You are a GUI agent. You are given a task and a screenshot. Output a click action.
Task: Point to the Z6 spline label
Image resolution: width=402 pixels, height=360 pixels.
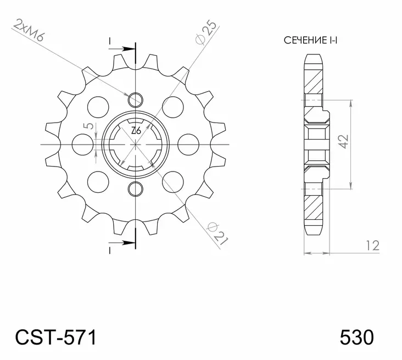(136, 131)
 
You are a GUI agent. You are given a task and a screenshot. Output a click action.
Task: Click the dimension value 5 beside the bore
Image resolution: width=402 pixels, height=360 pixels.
(87, 127)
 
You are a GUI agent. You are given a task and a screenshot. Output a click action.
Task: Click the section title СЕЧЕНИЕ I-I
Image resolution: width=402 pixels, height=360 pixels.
(310, 40)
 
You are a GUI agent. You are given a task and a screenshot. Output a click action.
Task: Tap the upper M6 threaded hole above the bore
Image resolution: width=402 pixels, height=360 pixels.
(135, 99)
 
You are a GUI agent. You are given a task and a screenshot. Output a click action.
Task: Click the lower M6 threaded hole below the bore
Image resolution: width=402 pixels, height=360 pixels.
(135, 190)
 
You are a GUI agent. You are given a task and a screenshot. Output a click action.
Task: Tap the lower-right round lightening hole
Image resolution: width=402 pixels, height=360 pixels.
(172, 180)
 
